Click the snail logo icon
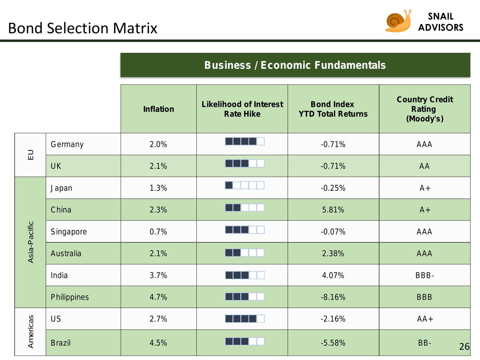point(398,21)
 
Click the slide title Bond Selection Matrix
point(83,28)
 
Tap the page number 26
point(464,346)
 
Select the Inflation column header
point(158,109)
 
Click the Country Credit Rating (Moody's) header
point(425,109)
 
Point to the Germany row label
point(67,144)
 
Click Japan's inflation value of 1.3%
point(158,188)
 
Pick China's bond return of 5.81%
point(333,210)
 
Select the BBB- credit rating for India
point(425,276)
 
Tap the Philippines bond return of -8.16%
point(333,297)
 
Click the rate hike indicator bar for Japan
point(245,185)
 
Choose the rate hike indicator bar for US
point(245,318)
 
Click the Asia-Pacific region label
point(31,242)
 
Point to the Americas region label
point(31,331)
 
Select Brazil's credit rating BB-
point(425,343)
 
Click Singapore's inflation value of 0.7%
point(158,232)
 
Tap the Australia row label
point(66,254)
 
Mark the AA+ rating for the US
point(425,319)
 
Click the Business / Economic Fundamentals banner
point(295,65)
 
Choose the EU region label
point(31,155)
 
